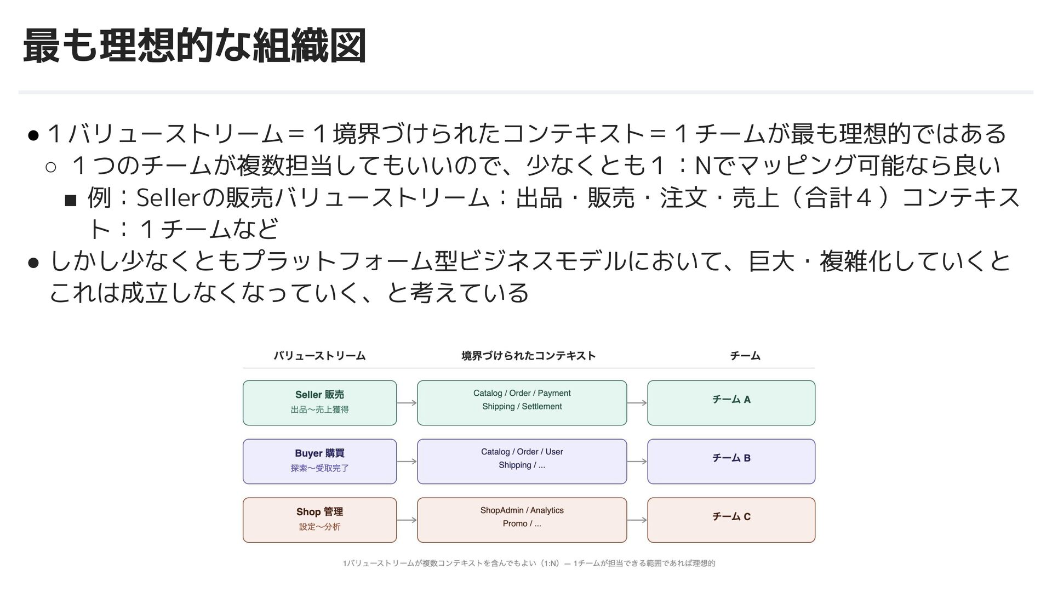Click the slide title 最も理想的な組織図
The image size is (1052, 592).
click(195, 47)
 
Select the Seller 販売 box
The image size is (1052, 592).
click(319, 403)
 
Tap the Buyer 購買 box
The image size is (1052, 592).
click(319, 462)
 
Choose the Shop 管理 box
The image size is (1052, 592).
click(319, 520)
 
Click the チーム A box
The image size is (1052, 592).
click(731, 403)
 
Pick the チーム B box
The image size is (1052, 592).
click(731, 462)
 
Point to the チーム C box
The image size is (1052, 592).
click(731, 520)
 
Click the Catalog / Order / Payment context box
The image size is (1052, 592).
click(522, 403)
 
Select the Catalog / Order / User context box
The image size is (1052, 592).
click(522, 462)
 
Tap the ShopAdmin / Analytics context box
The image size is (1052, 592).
click(522, 520)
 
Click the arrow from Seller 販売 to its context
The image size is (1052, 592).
click(407, 403)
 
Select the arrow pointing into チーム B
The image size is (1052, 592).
click(637, 462)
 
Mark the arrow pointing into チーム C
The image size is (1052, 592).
click(637, 520)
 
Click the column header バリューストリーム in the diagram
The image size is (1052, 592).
click(319, 356)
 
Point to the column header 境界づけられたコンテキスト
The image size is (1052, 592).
click(528, 356)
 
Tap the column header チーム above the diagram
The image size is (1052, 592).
click(745, 356)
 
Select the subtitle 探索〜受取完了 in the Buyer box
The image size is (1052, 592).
click(319, 468)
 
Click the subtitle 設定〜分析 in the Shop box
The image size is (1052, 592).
click(319, 527)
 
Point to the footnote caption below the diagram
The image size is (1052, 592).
click(529, 563)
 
